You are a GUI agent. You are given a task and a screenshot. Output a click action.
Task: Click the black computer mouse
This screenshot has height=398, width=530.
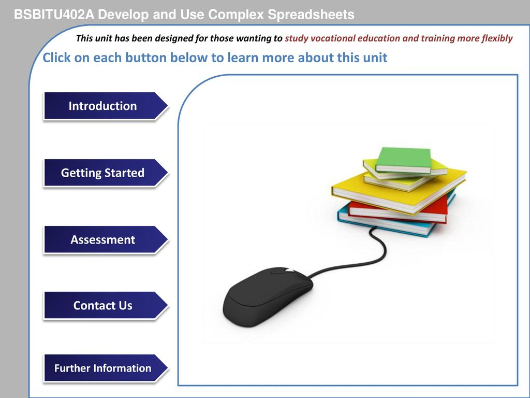coord(268,296)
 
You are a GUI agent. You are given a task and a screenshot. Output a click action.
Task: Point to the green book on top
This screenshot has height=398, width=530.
coord(404,160)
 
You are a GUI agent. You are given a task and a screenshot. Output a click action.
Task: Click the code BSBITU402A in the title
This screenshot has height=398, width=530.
coord(54,15)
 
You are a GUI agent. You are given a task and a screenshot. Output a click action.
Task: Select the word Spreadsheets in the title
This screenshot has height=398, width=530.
coord(311,15)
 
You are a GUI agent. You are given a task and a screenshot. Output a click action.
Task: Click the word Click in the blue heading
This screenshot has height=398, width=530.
coord(56,58)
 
